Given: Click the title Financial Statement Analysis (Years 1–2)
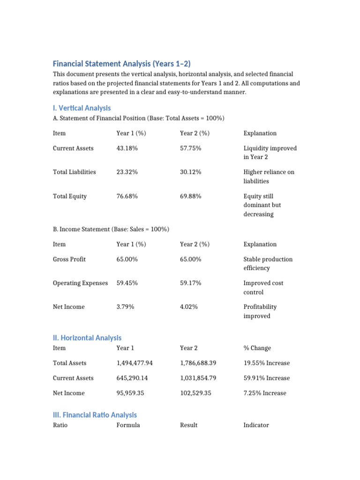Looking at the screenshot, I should [x=122, y=64].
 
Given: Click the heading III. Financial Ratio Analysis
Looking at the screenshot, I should [x=95, y=415].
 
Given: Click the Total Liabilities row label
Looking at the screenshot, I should [x=74, y=172].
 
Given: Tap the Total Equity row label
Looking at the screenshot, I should [x=70, y=196].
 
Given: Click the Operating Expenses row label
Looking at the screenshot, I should [x=80, y=283].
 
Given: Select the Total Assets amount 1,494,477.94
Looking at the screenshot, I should [x=138, y=363].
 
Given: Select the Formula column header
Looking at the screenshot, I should [x=128, y=425].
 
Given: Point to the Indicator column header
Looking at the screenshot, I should [x=256, y=425].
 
